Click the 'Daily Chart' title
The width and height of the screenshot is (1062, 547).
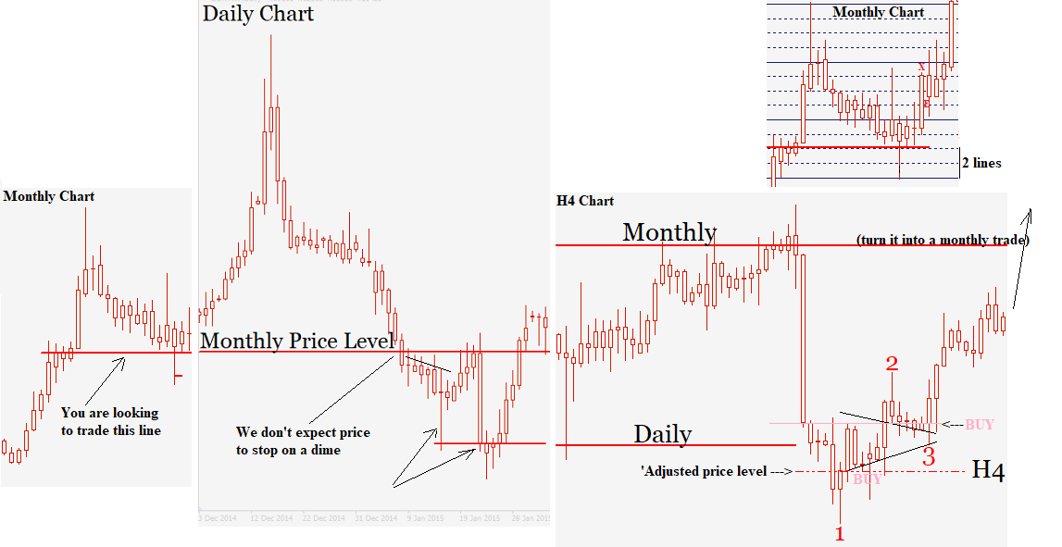pyautogui.click(x=258, y=14)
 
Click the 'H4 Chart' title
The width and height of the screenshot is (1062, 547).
pyautogui.click(x=585, y=201)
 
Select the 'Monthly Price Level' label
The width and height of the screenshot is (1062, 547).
pyautogui.click(x=297, y=341)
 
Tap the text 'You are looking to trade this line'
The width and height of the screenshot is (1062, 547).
pyautogui.click(x=109, y=421)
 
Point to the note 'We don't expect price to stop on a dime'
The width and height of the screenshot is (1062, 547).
pyautogui.click(x=303, y=441)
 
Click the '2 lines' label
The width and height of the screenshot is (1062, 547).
pyautogui.click(x=981, y=163)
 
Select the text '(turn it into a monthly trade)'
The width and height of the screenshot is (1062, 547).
pyautogui.click(x=943, y=240)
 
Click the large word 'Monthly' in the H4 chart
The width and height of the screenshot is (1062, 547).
pyautogui.click(x=669, y=231)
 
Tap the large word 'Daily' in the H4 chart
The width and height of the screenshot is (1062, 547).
pyautogui.click(x=663, y=433)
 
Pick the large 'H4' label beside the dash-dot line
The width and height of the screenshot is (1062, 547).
pyautogui.click(x=988, y=471)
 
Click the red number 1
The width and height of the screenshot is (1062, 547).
pyautogui.click(x=840, y=533)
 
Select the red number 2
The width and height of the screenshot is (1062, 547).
pyautogui.click(x=892, y=364)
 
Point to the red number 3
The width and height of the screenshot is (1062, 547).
pyautogui.click(x=929, y=456)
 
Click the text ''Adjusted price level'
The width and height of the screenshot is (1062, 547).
pyautogui.click(x=703, y=472)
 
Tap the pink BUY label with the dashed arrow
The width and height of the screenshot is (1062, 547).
pyautogui.click(x=979, y=425)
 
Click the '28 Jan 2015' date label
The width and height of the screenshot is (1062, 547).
pyautogui.click(x=529, y=517)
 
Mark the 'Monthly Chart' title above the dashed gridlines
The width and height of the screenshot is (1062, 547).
pyautogui.click(x=878, y=12)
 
